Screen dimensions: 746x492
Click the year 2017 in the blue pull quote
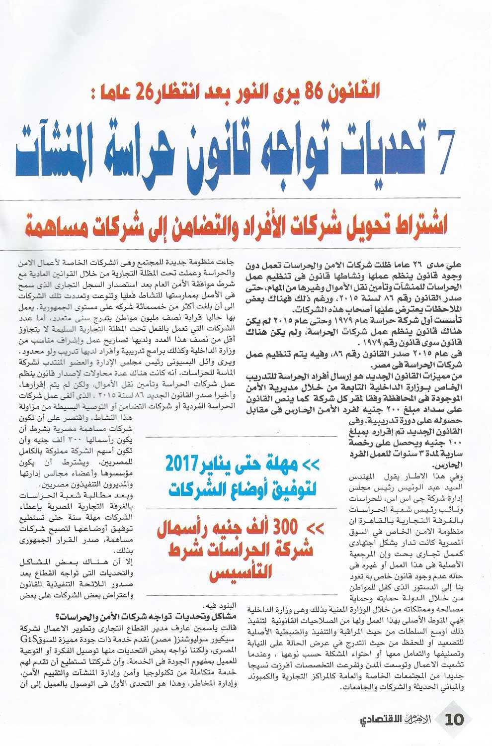(186, 465)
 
